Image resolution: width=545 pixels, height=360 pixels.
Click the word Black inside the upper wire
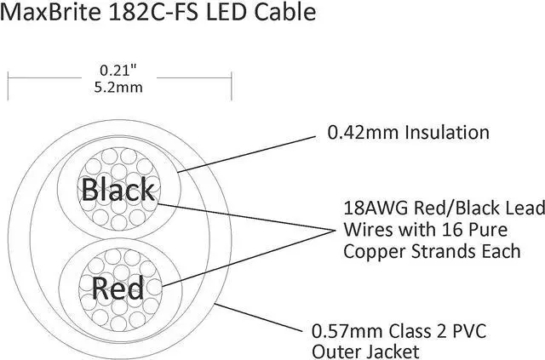(118, 189)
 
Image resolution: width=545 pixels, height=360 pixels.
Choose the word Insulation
(448, 132)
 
